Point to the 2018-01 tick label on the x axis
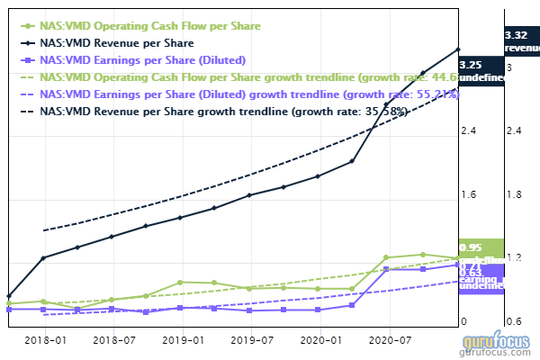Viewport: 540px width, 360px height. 44,341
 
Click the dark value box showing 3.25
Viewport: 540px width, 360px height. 479,70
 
